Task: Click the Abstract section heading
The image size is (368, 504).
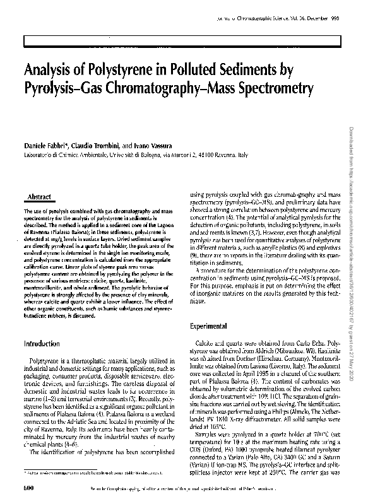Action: coord(40,197)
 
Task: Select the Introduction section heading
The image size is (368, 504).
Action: coord(42,344)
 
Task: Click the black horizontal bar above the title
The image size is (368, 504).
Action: coord(183,41)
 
